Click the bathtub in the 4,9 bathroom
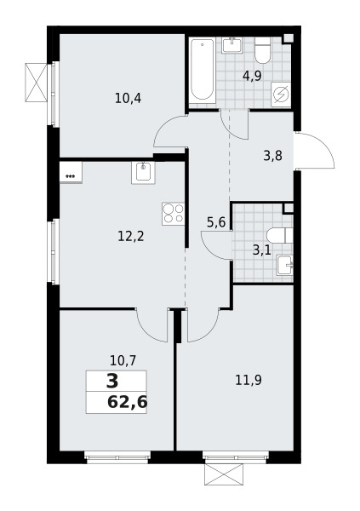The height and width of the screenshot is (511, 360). (203, 71)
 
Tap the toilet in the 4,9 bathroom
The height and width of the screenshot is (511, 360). (263, 50)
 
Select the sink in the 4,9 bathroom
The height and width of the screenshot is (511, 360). (232, 45)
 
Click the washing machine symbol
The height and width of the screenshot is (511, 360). (281, 95)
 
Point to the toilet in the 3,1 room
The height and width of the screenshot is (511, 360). (279, 235)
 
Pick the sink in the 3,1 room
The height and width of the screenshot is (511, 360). (285, 265)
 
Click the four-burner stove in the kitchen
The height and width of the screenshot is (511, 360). (173, 214)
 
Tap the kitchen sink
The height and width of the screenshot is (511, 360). (143, 173)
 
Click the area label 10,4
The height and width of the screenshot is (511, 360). (128, 98)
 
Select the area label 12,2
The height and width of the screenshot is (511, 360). (131, 236)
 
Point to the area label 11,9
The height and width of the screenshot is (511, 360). (249, 380)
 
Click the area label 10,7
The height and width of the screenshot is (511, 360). (123, 361)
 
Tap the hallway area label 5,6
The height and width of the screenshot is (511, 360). (216, 222)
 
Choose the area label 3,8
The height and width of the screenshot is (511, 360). (272, 156)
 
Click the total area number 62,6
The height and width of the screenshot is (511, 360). (127, 402)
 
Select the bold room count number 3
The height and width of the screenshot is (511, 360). (112, 382)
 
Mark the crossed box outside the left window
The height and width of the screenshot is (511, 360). (36, 83)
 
